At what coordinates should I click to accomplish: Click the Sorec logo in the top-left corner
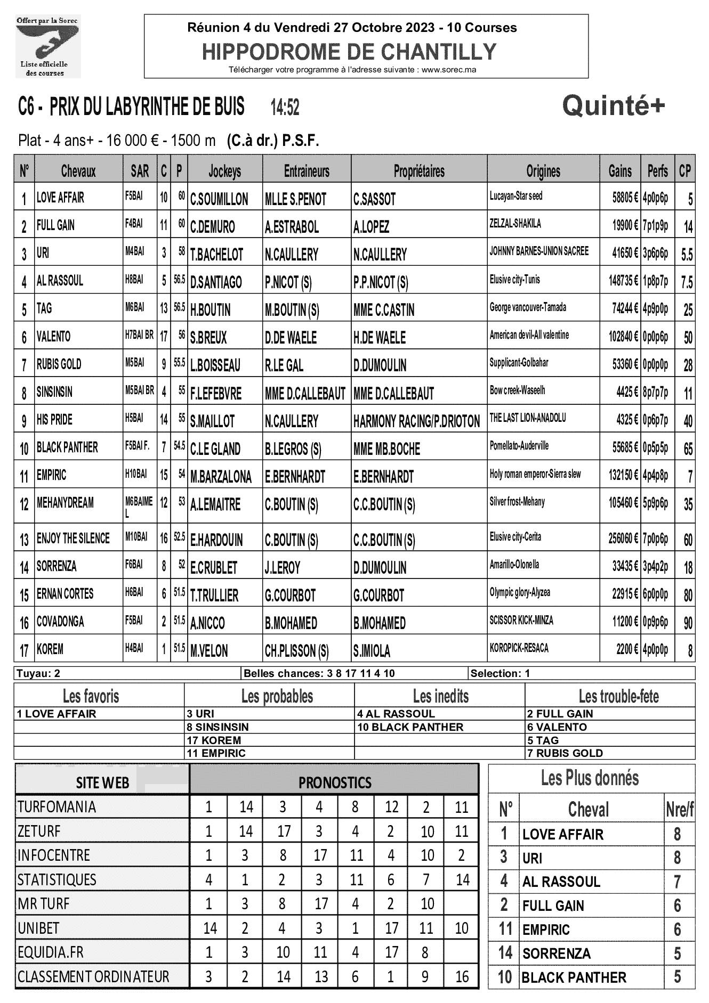click(47, 46)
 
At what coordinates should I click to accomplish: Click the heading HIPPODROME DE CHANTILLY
click(349, 52)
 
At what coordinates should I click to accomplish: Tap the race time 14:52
click(285, 108)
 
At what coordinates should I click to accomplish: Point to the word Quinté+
click(614, 106)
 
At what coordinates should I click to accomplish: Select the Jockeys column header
click(224, 171)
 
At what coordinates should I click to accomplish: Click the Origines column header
click(543, 171)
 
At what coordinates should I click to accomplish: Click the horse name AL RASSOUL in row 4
click(60, 281)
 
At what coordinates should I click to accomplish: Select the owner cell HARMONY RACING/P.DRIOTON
click(416, 421)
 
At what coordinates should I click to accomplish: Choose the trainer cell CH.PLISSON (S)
click(296, 650)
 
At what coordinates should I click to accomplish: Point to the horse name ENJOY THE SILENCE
click(73, 538)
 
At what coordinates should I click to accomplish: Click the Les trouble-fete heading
click(618, 696)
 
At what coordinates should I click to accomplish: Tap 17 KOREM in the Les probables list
click(214, 740)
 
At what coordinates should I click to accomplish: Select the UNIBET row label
click(39, 927)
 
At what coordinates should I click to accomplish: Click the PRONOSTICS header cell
click(334, 782)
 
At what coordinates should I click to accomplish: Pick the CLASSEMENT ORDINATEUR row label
click(93, 976)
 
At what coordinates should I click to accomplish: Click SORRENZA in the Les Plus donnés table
click(557, 953)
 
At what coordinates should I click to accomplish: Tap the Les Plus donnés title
click(590, 778)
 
